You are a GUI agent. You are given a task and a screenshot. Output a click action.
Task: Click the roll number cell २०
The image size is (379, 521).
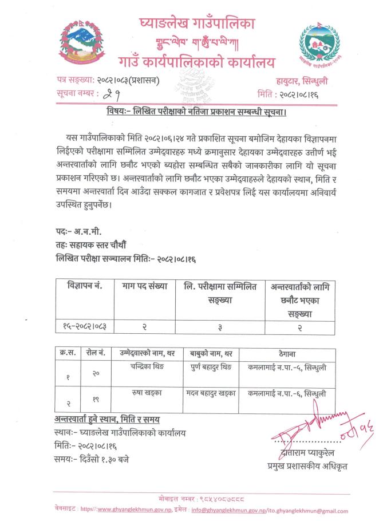tap(96, 372)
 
